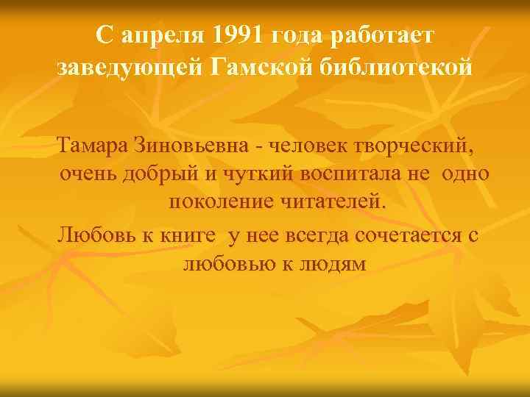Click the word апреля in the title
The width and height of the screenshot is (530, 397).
158,35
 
